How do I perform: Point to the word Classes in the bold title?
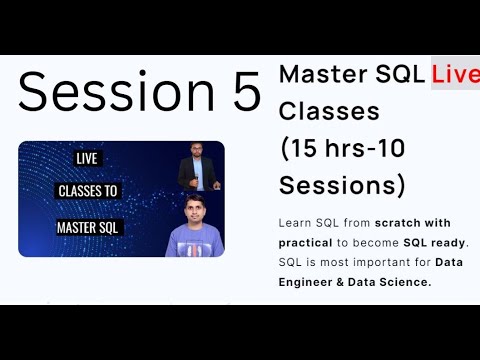tap(315, 111)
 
